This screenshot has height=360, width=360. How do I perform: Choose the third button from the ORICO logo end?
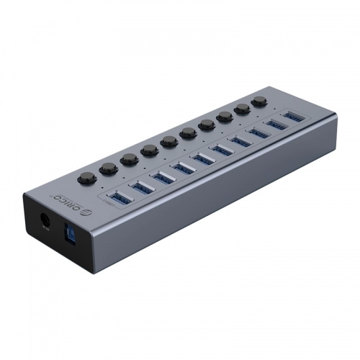[130, 159]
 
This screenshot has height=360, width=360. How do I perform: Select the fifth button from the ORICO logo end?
[170, 141]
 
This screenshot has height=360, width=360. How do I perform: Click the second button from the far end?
[242, 109]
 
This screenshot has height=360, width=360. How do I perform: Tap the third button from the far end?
[225, 117]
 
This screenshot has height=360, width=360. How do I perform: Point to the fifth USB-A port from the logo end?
[204, 157]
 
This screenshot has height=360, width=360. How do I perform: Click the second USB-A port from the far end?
[276, 124]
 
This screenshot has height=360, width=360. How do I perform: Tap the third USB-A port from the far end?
[258, 132]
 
